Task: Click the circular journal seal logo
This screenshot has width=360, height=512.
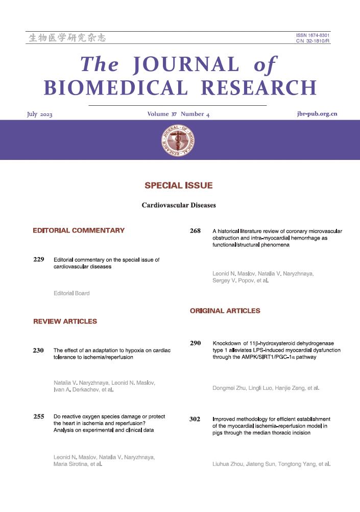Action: [x=178, y=140]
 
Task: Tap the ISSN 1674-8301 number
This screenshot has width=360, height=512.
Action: [x=313, y=35]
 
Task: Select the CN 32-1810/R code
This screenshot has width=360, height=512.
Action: [x=313, y=41]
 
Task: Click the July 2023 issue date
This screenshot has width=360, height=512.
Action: [x=40, y=114]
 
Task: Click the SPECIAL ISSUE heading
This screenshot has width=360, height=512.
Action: [x=178, y=185]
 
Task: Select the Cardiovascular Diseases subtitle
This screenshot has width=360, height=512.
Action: [x=178, y=205]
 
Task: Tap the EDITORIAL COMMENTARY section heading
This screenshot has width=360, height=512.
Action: [x=79, y=230]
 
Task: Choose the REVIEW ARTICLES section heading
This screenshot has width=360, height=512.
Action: [x=65, y=321]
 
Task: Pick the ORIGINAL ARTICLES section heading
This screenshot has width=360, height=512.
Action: [x=225, y=311]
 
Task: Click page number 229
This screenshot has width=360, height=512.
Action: [x=39, y=260]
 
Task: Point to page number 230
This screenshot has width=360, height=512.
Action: [x=39, y=351]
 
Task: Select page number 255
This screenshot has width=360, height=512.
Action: [x=39, y=417]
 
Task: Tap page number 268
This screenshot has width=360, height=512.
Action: [x=195, y=231]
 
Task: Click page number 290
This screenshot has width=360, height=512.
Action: [x=195, y=343]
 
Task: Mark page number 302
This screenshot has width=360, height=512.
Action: [x=195, y=420]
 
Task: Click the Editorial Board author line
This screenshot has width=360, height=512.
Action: [x=71, y=293]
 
